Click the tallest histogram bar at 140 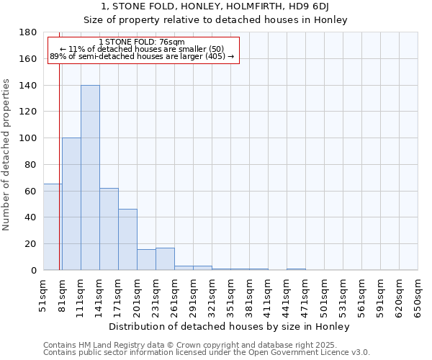(x=90, y=178)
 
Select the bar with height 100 (x=71, y=204)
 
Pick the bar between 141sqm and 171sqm (x=109, y=229)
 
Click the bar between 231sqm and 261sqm (x=165, y=259)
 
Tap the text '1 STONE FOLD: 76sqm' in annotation (x=142, y=42)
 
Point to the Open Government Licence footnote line (x=207, y=353)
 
